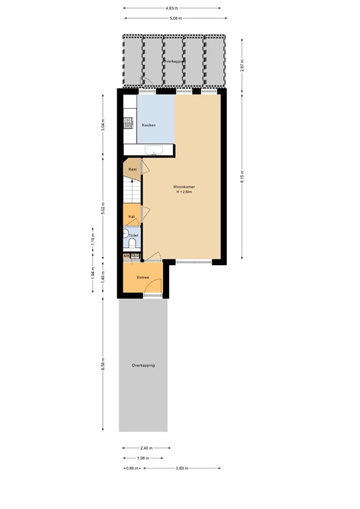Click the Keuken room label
(149, 125)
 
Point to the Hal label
(131, 216)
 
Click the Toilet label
(134, 235)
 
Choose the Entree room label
(143, 278)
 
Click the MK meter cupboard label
(127, 256)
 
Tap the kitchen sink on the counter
(154, 148)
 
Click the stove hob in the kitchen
(129, 124)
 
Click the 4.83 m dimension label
(174, 9)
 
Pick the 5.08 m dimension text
(174, 19)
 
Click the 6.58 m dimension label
(103, 365)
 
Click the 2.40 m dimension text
(146, 447)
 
